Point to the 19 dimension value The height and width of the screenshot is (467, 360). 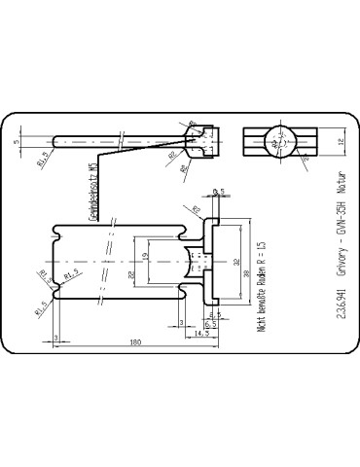coord(146,258)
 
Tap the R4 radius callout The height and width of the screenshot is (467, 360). coord(184,166)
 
